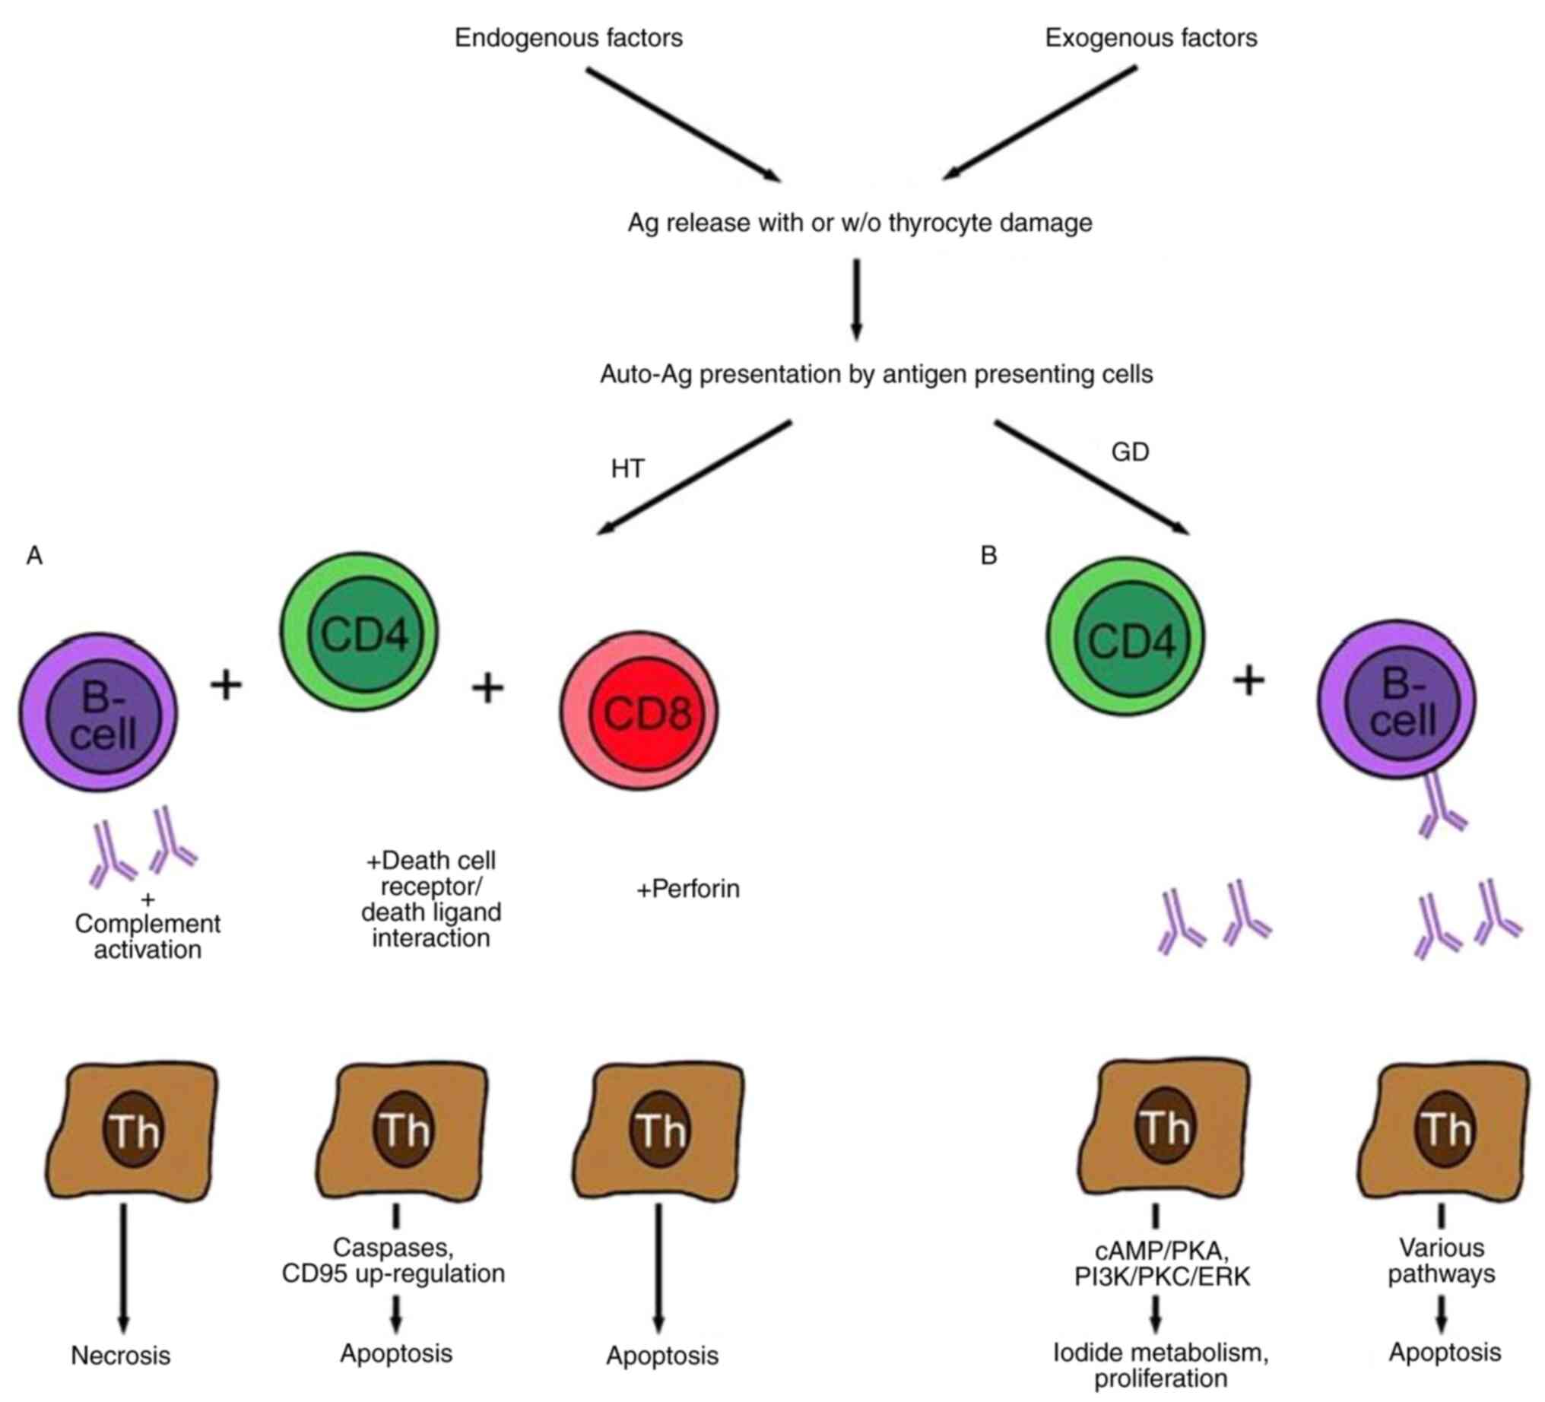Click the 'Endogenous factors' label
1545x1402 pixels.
point(568,37)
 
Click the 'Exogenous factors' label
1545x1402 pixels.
point(1150,37)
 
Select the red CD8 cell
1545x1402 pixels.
point(639,711)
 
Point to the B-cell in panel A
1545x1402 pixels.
point(98,712)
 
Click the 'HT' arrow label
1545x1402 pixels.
point(628,468)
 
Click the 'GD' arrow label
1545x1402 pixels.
point(1130,452)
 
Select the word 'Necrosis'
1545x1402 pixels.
point(120,1355)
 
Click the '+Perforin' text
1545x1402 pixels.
point(687,890)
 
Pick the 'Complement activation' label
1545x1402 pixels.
point(148,936)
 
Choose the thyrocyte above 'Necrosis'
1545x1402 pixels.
point(132,1130)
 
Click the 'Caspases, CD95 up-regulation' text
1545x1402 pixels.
point(393,1260)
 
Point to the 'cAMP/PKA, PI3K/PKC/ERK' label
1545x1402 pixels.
point(1161,1264)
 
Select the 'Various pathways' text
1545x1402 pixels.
point(1441,1260)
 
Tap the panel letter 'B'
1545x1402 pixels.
point(988,555)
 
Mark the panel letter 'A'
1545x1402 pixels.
point(34,555)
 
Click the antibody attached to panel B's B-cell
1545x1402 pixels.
point(1441,809)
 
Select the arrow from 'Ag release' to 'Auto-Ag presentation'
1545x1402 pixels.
point(856,299)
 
